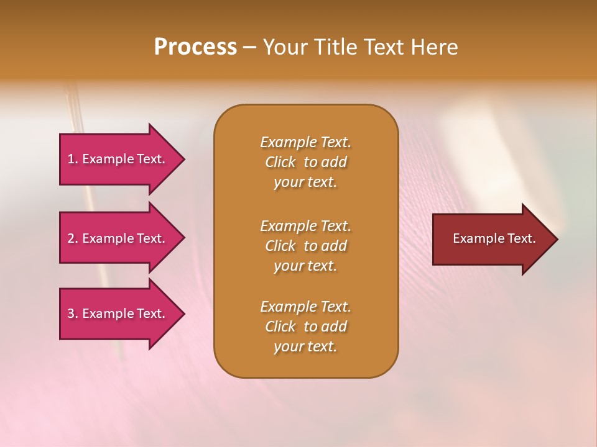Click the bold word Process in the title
tap(195, 47)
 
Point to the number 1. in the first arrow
tap(73, 159)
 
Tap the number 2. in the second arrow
tap(73, 238)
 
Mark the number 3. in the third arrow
tap(73, 314)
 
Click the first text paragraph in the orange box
tap(305, 162)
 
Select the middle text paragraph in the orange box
tap(305, 246)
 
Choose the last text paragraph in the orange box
tap(305, 327)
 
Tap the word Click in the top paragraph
tap(280, 162)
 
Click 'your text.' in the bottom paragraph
tap(305, 346)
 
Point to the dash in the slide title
tap(249, 47)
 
